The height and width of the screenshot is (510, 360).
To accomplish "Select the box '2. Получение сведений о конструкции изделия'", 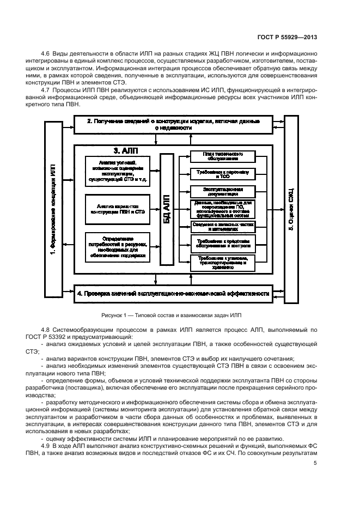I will (x=174, y=124).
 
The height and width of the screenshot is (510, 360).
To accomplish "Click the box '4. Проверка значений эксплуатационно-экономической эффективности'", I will (x=173, y=294).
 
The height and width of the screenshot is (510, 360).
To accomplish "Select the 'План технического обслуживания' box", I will (x=222, y=156).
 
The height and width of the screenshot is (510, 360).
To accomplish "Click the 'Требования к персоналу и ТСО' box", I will (x=222, y=174).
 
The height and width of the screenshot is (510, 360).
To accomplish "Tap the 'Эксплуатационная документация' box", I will (x=222, y=191).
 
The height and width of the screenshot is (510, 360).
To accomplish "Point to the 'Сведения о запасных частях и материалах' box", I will (x=222, y=226).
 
